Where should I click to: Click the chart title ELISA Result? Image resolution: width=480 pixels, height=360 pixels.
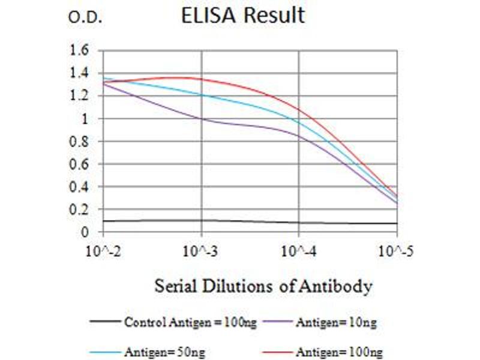[x=243, y=15]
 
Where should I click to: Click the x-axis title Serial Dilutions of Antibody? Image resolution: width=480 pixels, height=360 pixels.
[x=263, y=286]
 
